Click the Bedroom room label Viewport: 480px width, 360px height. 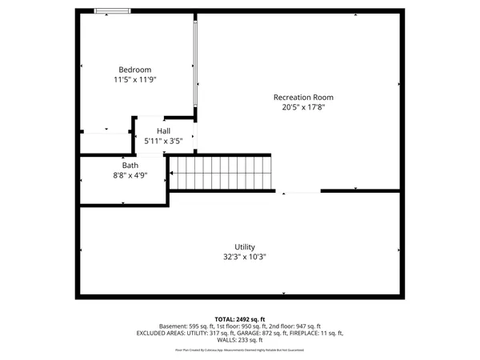tap(134, 70)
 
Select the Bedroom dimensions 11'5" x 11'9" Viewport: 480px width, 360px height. tap(134, 80)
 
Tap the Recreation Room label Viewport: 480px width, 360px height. tap(303, 97)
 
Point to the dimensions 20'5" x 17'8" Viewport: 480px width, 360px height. tap(303, 107)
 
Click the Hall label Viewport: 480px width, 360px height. tap(163, 131)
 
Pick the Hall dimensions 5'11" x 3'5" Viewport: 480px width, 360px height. tap(163, 142)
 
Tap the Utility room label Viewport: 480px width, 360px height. tap(245, 246)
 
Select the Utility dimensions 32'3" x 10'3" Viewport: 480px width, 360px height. tap(245, 258)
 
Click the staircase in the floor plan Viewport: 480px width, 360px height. tap(220, 171)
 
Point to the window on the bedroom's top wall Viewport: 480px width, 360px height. tap(113, 10)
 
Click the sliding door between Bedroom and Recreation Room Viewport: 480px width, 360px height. tap(194, 64)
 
